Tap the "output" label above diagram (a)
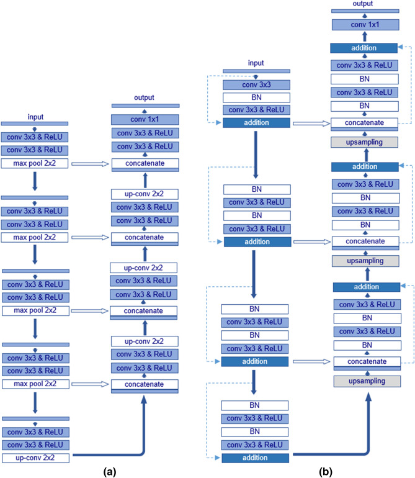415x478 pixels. coord(145,97)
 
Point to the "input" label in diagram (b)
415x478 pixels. coord(256,63)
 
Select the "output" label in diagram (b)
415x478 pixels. coord(364,4)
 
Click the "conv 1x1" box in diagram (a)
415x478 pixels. coord(145,119)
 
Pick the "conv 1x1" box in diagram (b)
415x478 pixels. coord(364,25)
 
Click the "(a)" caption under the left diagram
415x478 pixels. coord(105,471)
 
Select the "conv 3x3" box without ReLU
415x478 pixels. coord(256,84)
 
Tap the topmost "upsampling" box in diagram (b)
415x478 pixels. coord(364,142)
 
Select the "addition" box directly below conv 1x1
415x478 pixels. coord(364,48)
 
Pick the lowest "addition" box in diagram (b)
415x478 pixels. coord(256,458)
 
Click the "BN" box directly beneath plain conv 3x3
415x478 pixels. coord(256,97)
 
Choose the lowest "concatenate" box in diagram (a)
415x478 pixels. coord(145,384)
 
